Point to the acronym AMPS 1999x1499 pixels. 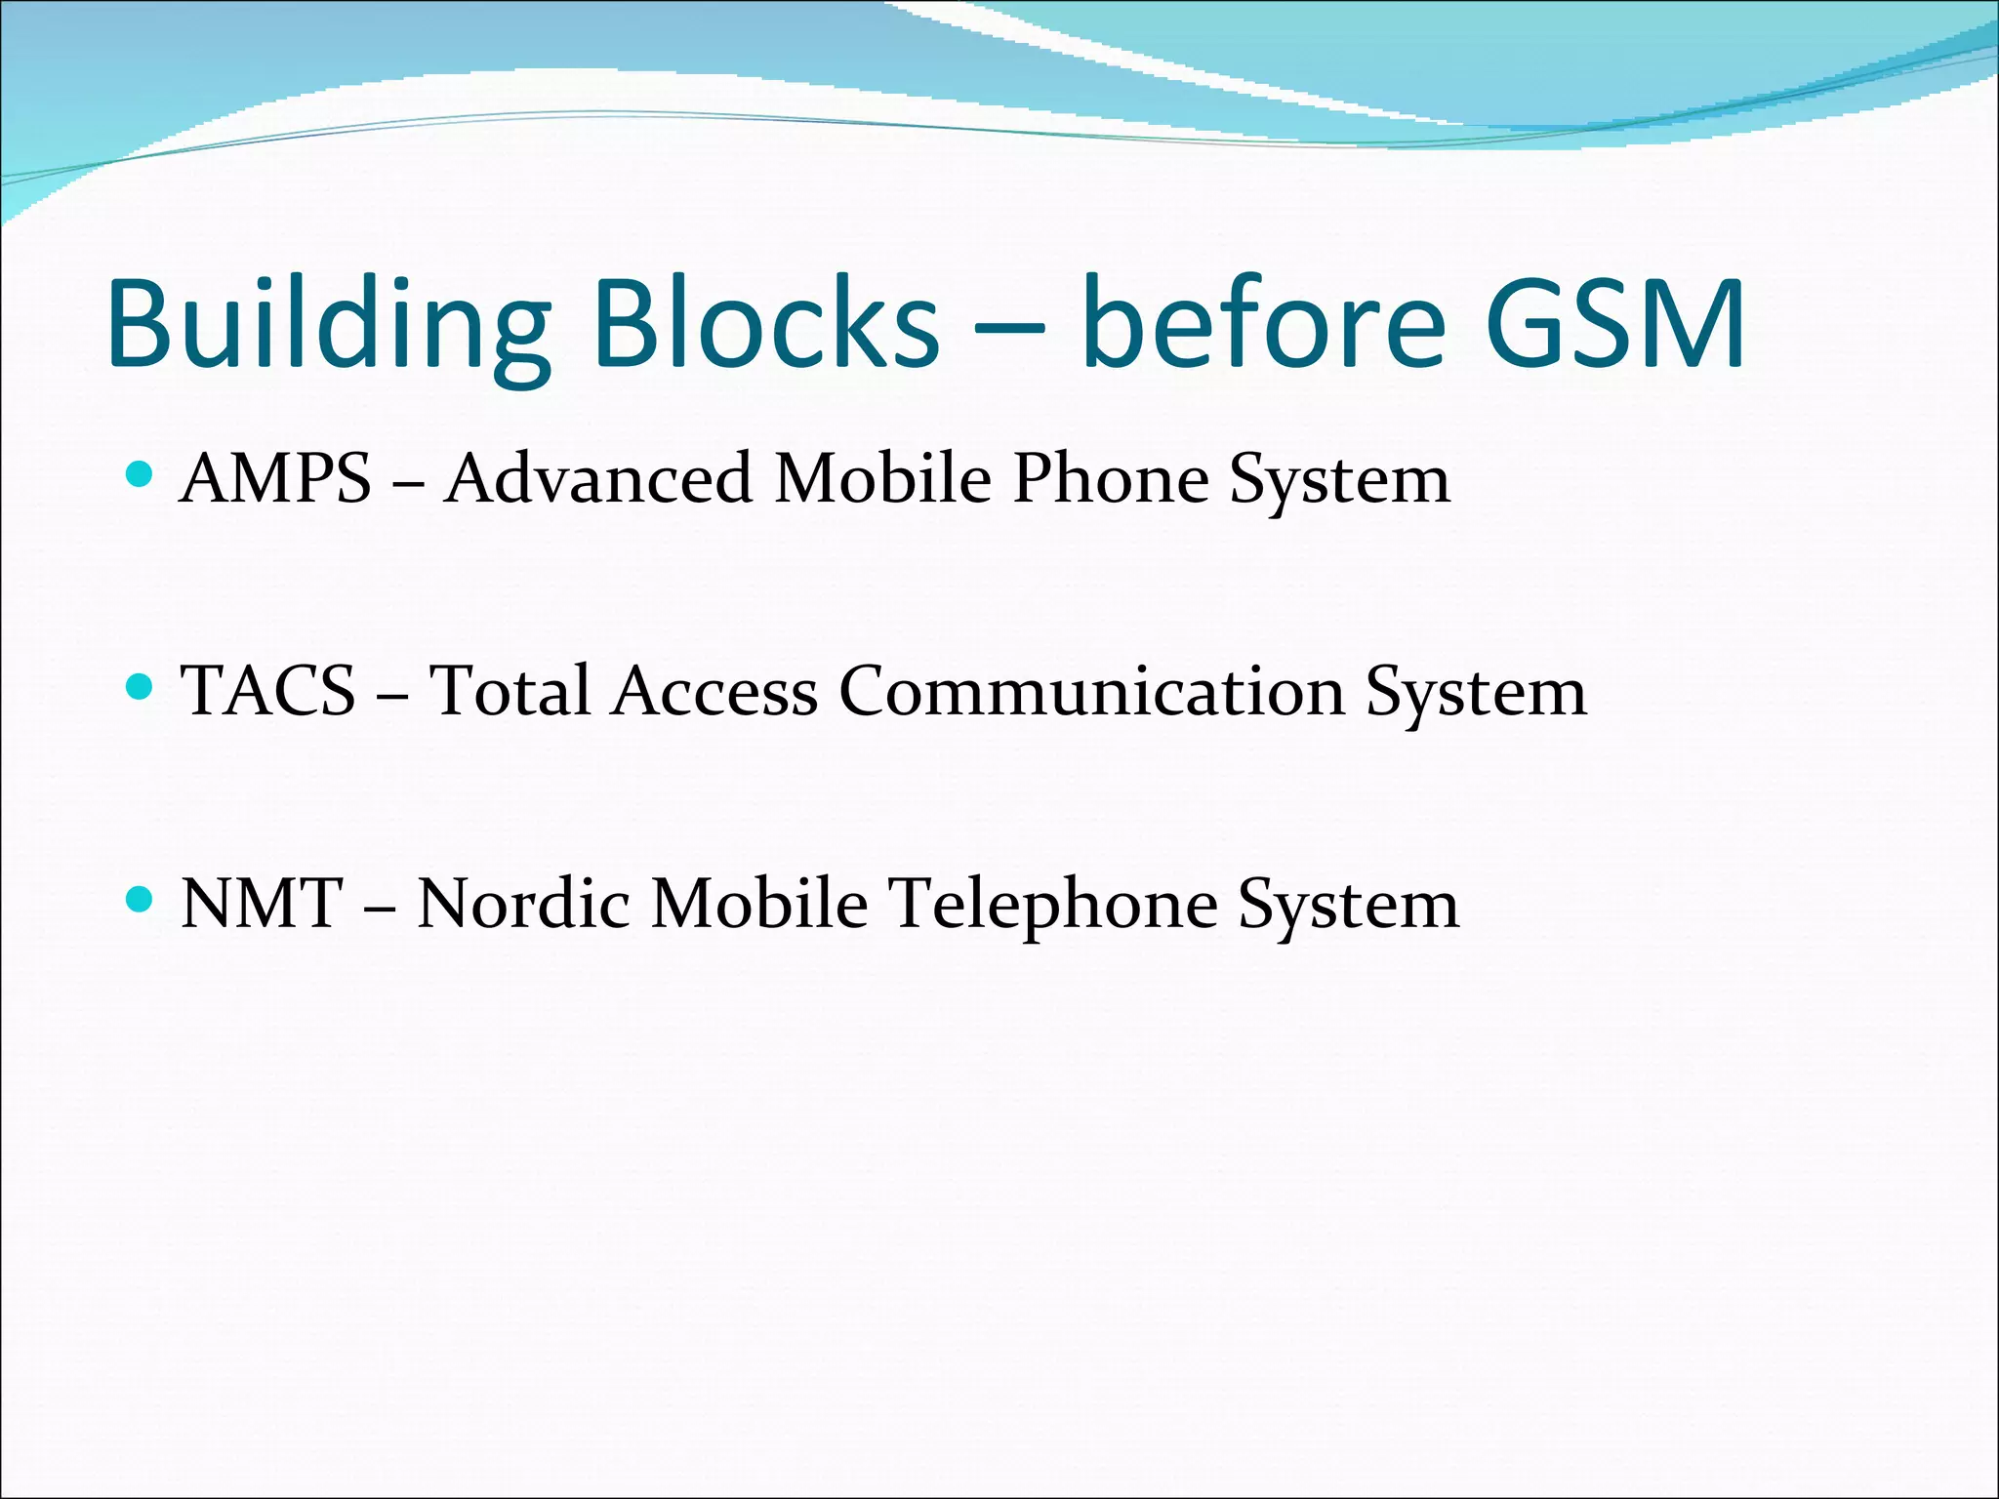(x=277, y=479)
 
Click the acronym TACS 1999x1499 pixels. (x=268, y=691)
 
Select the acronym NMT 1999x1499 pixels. (x=262, y=903)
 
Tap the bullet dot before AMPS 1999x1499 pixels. (x=141, y=475)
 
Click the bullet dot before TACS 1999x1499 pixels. (x=141, y=687)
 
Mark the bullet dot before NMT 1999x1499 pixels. (x=141, y=899)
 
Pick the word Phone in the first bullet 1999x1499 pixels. (x=1111, y=479)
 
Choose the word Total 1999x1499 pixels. (x=510, y=691)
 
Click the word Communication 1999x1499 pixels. (x=1091, y=691)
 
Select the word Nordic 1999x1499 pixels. (x=523, y=903)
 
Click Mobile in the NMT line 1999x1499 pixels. (x=759, y=903)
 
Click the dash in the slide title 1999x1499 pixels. (x=1009, y=327)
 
